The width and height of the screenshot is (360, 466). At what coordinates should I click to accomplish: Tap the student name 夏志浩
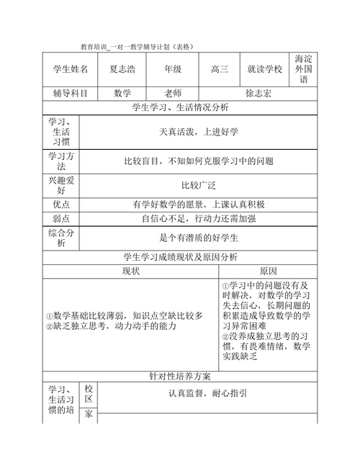point(127,70)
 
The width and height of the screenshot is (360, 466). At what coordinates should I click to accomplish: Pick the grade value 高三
point(219,70)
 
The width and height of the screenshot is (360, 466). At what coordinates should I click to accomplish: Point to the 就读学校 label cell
point(264,70)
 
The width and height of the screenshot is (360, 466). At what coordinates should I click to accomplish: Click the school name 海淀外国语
point(302,69)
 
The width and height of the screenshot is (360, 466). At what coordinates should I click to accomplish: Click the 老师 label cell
point(173,94)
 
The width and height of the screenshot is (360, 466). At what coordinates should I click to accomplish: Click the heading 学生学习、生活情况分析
point(180,108)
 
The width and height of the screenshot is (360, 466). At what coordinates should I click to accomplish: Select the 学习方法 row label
point(61,161)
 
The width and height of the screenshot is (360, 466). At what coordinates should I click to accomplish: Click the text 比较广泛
point(198,185)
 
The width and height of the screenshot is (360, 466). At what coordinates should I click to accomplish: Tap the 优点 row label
point(61,205)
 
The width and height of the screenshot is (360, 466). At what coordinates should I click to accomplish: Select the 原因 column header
point(268,271)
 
